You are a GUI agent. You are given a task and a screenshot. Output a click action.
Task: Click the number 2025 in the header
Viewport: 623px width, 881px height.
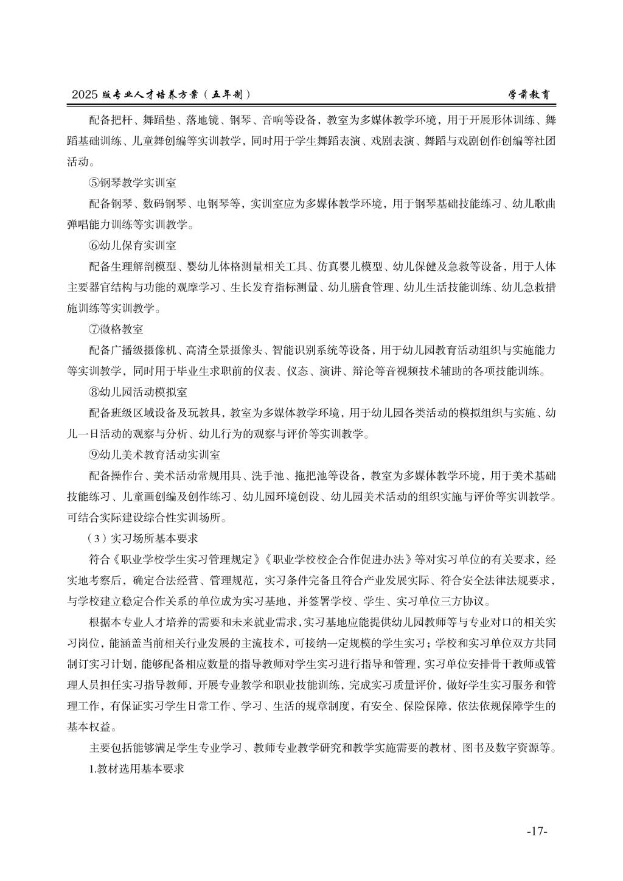coord(84,95)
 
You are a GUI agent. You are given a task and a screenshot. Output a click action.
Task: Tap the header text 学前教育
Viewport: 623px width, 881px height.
coord(530,95)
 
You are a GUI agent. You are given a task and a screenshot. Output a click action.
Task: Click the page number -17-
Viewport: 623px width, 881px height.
coord(537,831)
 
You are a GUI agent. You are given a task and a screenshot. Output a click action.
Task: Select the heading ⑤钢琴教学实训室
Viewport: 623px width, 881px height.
coord(133,183)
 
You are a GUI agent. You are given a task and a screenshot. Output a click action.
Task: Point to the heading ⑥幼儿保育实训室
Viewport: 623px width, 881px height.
coord(133,246)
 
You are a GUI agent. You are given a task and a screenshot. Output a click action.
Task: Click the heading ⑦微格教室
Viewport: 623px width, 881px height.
coord(116,329)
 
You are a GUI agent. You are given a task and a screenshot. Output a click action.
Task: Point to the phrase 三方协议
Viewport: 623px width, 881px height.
coord(466,602)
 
